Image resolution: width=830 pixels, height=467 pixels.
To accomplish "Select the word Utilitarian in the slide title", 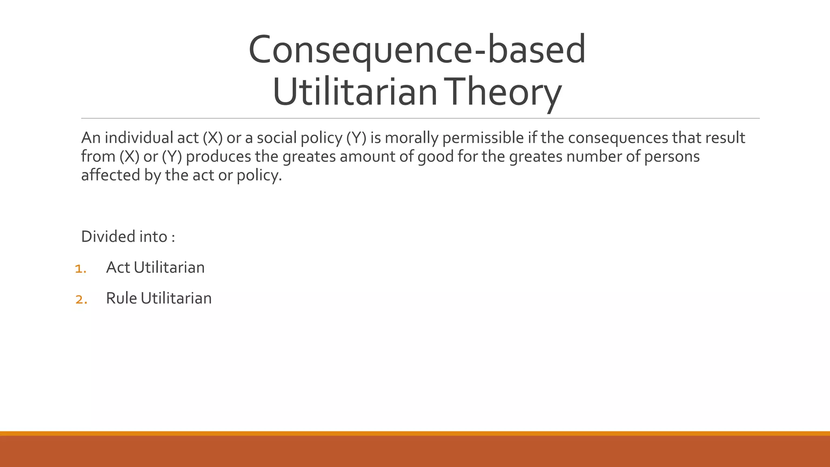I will [355, 92].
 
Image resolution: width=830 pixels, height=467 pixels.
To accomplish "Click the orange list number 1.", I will [80, 268].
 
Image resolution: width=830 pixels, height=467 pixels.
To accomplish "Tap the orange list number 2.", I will [81, 299].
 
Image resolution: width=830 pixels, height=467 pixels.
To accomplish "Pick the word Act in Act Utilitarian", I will [118, 268].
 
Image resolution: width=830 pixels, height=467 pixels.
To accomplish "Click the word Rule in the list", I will [121, 298].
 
